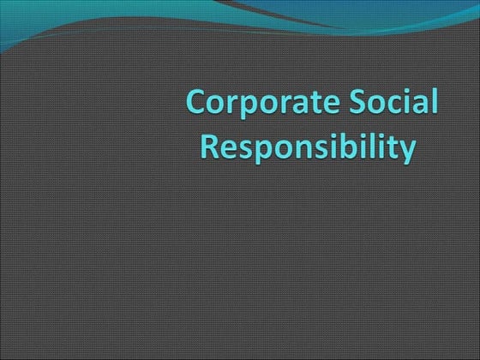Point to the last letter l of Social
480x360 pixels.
point(431,102)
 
